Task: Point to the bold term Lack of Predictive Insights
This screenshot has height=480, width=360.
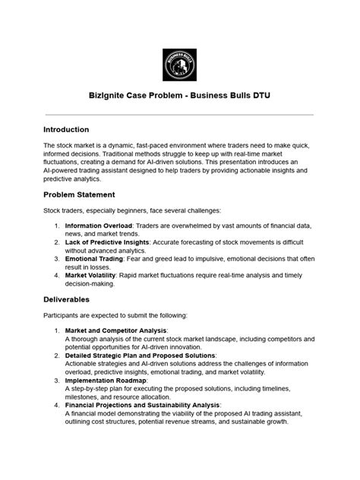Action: (107, 242)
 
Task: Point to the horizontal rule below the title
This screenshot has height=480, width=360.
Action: (180, 115)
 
